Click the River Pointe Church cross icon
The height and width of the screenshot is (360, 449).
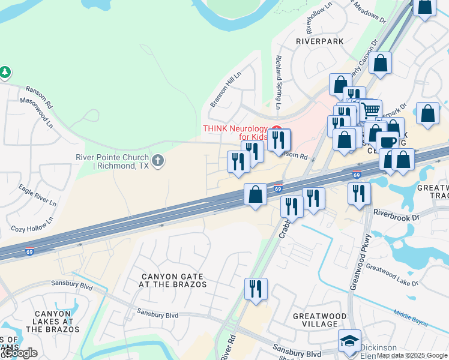pos(158,160)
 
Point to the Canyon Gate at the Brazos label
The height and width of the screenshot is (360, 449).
pos(173,280)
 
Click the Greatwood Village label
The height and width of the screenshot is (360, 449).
pos(319,320)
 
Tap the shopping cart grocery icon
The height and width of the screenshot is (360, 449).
pos(370,110)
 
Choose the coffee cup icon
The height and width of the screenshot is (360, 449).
pos(387,141)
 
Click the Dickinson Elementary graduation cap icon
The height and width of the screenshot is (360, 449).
pos(349,340)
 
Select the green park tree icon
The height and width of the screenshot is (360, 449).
pos(5,73)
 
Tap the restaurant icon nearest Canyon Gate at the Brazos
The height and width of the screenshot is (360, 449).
pos(256,289)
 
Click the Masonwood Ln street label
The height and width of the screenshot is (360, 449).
pos(37,113)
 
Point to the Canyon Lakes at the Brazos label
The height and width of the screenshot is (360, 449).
pos(53,322)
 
